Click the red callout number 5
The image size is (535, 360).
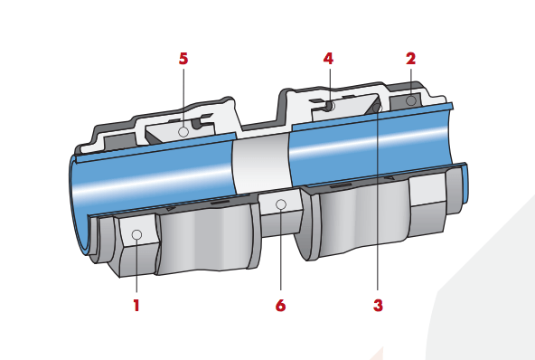pos(183,59)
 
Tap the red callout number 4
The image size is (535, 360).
pos(328,59)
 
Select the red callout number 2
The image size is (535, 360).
pos(411,59)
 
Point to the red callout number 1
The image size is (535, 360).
pos(136,306)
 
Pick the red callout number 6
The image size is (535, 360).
pos(280,306)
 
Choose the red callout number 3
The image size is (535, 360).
pos(378,306)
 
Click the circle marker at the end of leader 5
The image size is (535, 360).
pos(183,131)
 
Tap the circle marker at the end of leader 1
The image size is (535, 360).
pos(136,235)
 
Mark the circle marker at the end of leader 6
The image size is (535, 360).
pos(281,204)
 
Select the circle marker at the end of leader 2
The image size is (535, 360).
pos(411,100)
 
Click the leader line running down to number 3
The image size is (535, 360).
pos(378,201)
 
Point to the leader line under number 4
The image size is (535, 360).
pos(330,85)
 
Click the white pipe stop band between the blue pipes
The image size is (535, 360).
pos(261,163)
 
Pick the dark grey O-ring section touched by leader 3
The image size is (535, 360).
pos(376,108)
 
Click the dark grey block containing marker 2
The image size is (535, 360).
pos(406,100)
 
